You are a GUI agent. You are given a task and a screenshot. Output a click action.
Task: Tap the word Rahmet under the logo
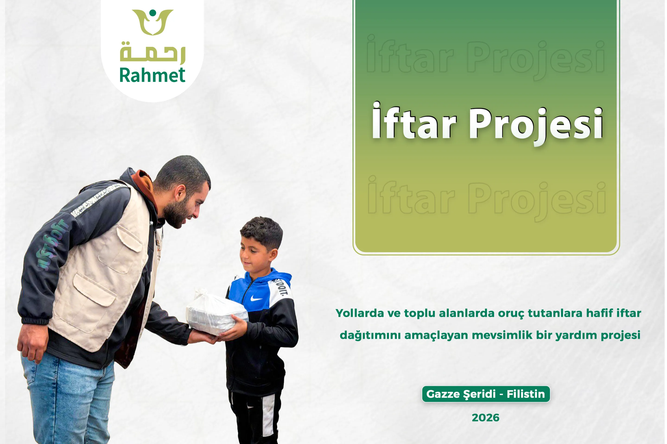[x=152, y=75]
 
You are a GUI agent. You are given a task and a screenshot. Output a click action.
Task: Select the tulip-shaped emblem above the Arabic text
[x=152, y=22]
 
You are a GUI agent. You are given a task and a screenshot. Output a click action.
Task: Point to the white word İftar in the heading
[x=414, y=121]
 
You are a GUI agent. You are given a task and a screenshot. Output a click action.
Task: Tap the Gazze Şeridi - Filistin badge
[x=486, y=394]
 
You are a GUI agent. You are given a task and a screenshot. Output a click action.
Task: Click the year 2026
[x=486, y=418]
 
